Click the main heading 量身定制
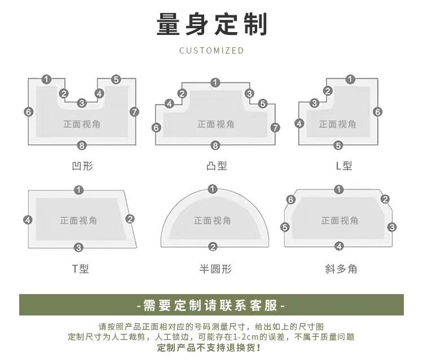[x=211, y=24]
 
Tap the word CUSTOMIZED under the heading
[x=211, y=50]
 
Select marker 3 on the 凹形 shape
[x=82, y=103]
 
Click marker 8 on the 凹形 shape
[x=82, y=145]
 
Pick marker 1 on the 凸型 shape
[x=215, y=82]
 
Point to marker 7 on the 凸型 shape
[x=275, y=127]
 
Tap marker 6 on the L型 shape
[x=378, y=112]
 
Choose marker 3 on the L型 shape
[x=314, y=103]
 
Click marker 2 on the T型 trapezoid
[x=130, y=219]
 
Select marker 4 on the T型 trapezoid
[x=28, y=220]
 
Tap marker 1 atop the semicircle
[x=213, y=189]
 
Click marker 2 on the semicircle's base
[x=213, y=247]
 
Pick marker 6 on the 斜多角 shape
[x=290, y=199]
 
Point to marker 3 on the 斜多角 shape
[x=392, y=227]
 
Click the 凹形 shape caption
[x=82, y=166]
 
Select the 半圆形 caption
[x=215, y=269]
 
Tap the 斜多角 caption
[x=341, y=269]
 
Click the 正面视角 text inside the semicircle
[x=213, y=221]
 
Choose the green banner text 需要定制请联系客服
[x=210, y=305]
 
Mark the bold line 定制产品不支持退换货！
[x=209, y=348]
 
